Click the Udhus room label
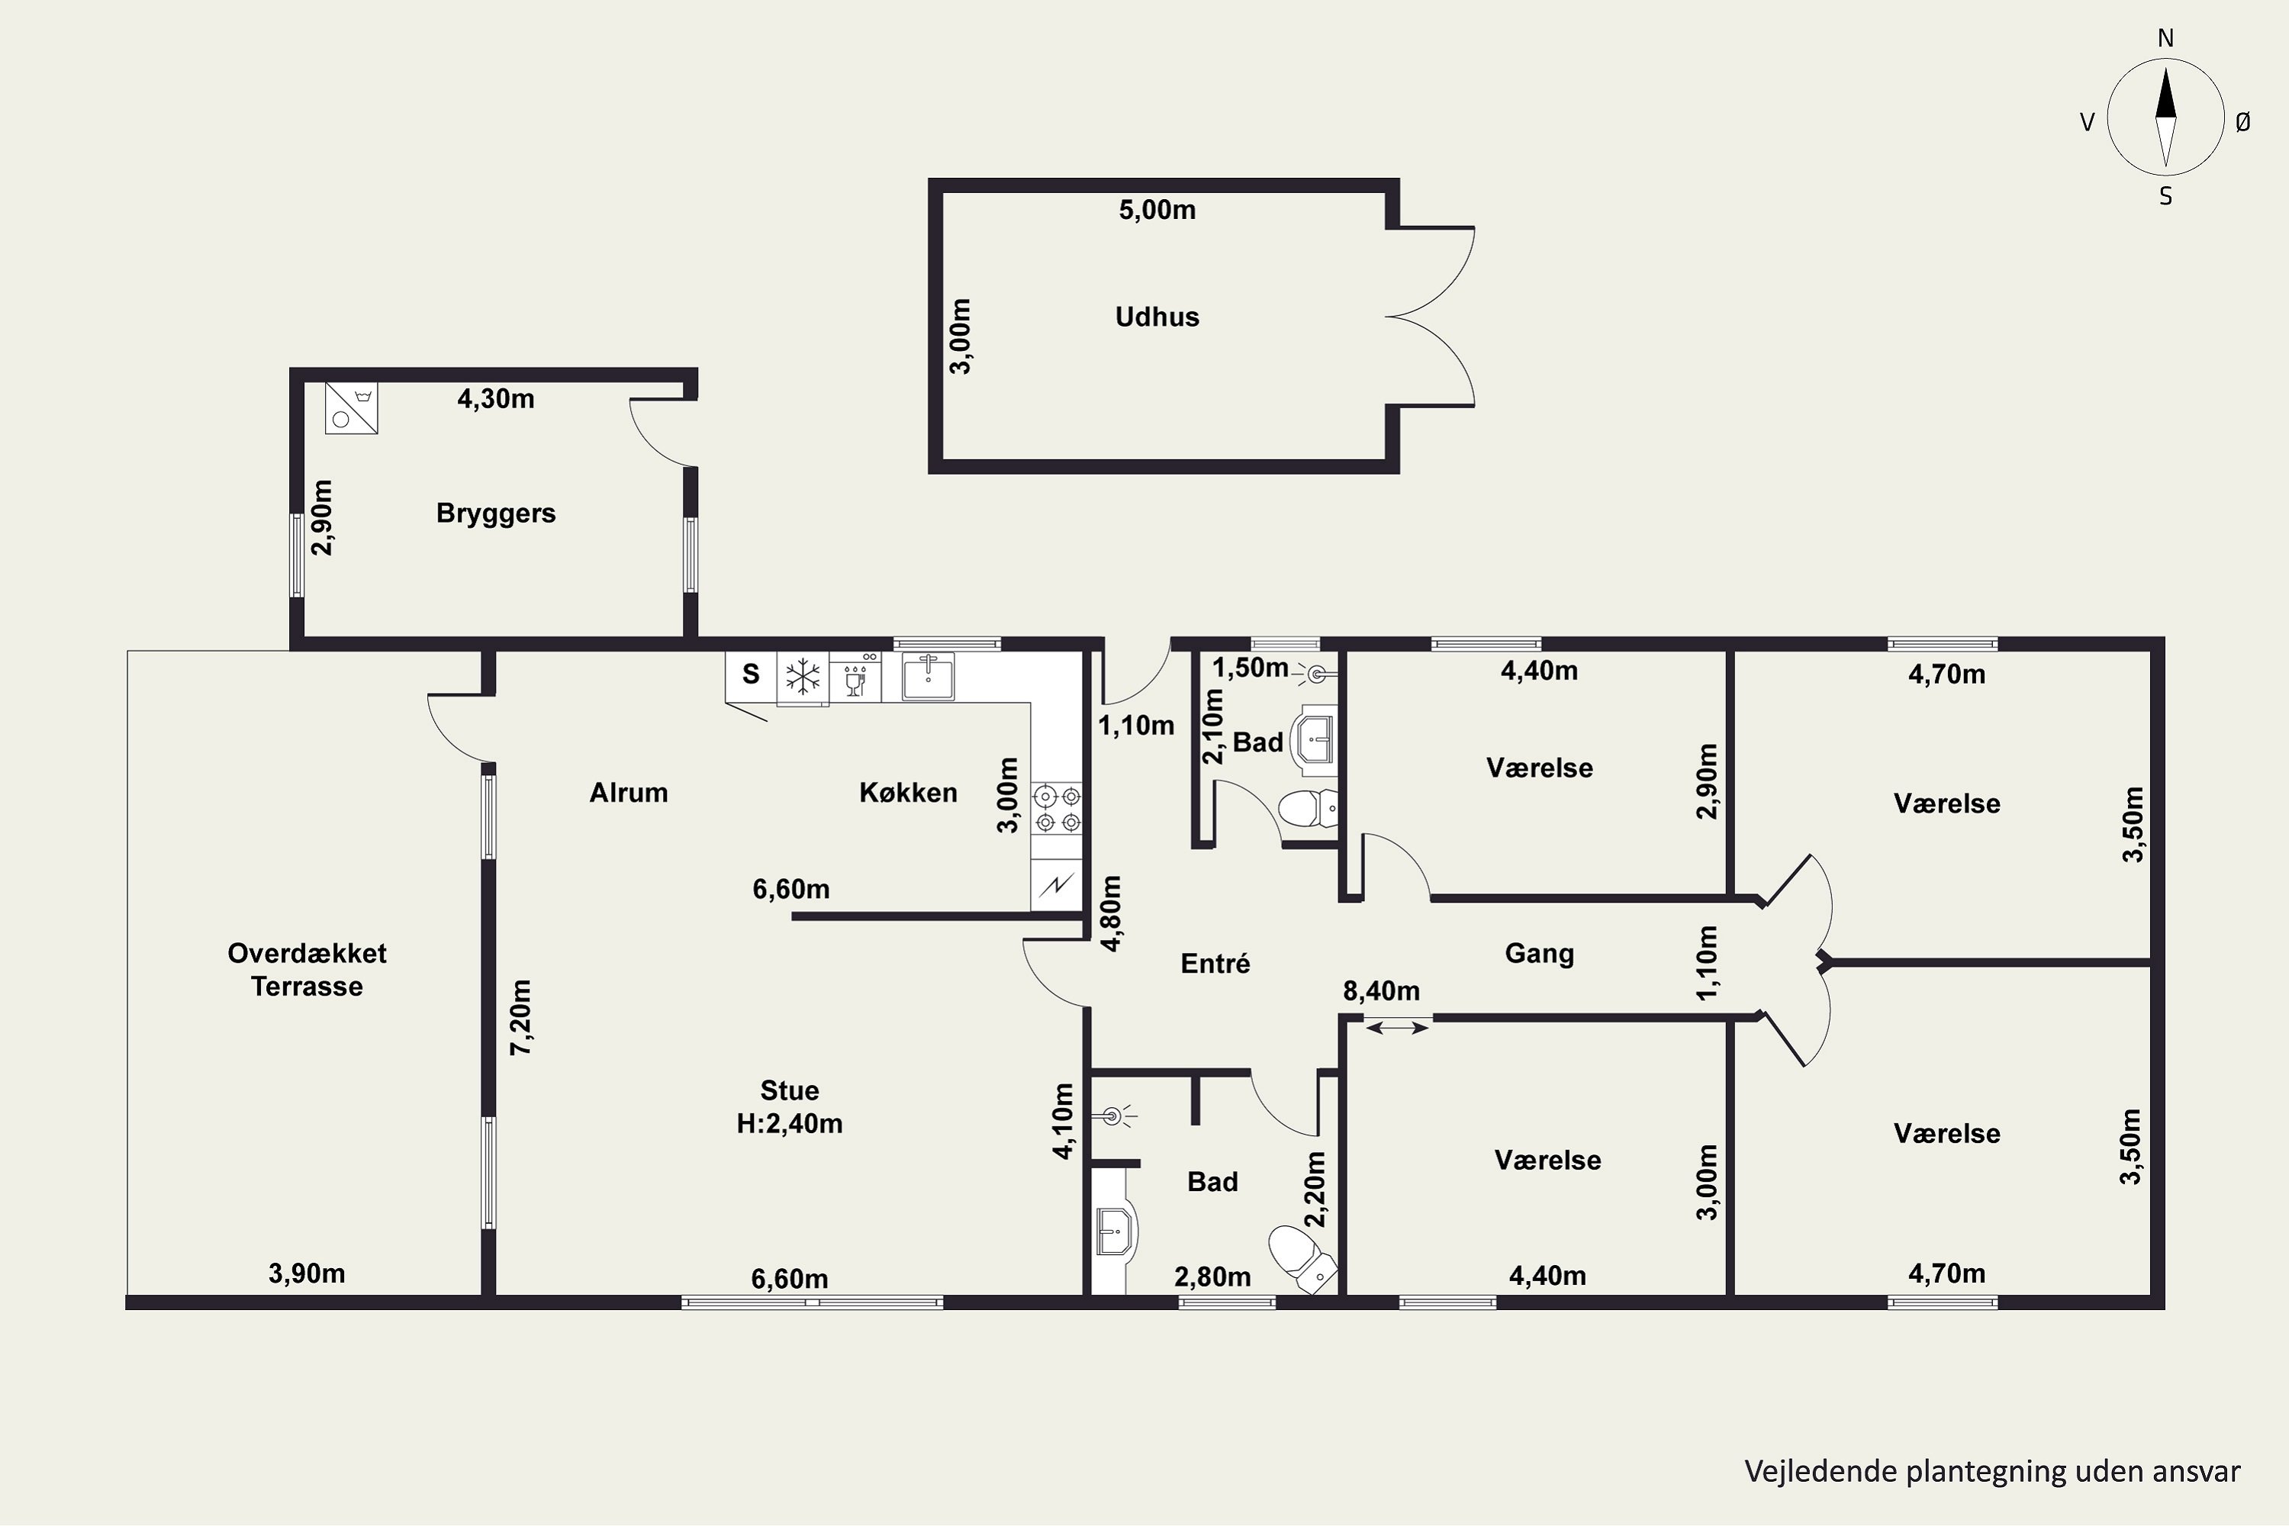point(1157,317)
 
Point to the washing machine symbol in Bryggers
point(351,407)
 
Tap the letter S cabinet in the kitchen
point(750,674)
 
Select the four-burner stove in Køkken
point(1058,809)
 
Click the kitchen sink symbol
point(929,675)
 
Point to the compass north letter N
point(2165,38)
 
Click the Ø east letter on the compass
point(2242,121)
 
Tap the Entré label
point(1215,964)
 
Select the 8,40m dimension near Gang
point(1381,990)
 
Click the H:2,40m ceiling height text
point(789,1123)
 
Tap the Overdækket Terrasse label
point(307,969)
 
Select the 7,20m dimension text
point(522,1017)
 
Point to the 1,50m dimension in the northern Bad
point(1250,668)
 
